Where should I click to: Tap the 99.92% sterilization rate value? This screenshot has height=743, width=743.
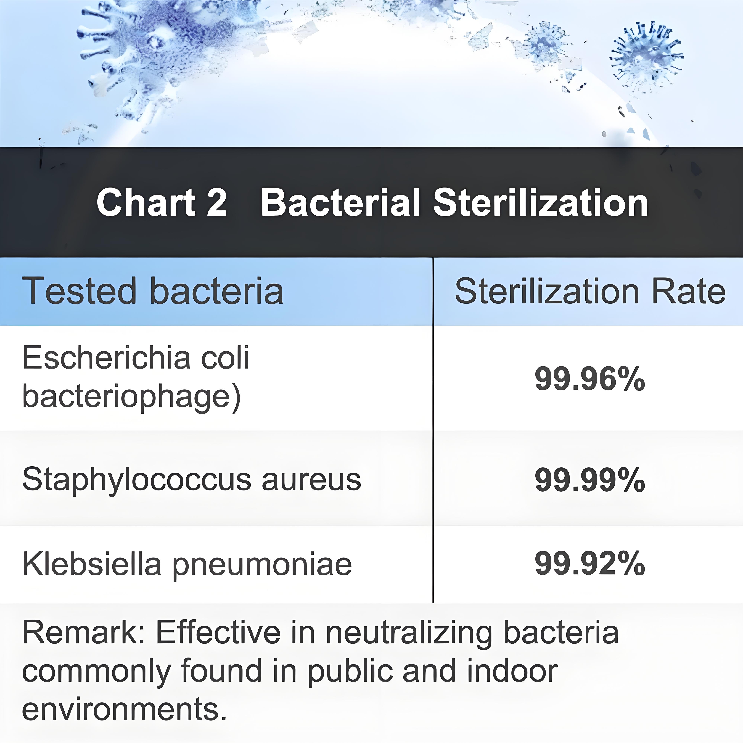[590, 564]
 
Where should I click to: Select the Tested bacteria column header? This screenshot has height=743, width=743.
[153, 291]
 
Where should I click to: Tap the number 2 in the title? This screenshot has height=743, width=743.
[216, 203]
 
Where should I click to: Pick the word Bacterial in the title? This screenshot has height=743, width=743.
[340, 203]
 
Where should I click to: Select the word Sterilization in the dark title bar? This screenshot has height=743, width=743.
[540, 203]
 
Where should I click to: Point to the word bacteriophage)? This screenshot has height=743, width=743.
[131, 397]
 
